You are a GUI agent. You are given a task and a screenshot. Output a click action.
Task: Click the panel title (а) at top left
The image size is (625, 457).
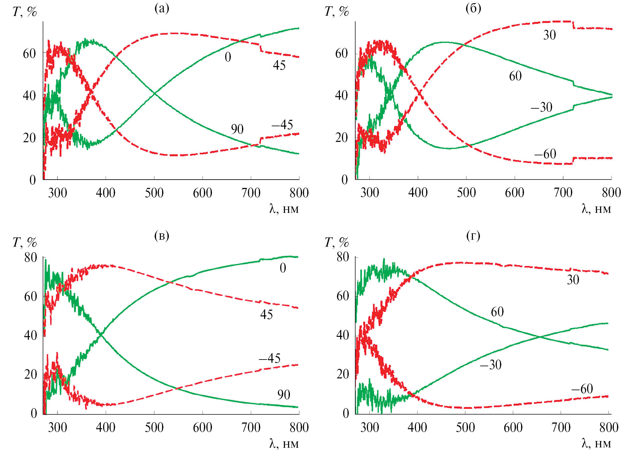click(x=161, y=9)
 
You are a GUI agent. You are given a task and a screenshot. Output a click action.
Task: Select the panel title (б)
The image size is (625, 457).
click(x=473, y=9)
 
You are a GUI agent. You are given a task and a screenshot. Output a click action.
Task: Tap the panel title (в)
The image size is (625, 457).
click(x=161, y=236)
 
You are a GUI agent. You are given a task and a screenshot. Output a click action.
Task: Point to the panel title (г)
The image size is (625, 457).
click(x=473, y=236)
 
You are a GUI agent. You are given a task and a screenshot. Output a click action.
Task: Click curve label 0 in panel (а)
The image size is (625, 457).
click(x=228, y=57)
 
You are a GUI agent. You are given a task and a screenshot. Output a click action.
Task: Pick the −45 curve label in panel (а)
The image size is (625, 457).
click(x=282, y=125)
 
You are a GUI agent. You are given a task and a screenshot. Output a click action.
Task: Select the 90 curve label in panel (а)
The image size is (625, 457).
click(x=237, y=129)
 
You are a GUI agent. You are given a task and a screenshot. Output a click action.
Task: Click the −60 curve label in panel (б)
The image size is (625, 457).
click(x=545, y=154)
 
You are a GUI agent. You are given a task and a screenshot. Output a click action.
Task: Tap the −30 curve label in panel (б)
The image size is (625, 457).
click(x=542, y=107)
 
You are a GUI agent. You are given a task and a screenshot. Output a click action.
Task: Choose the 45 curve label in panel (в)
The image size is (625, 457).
click(x=266, y=315)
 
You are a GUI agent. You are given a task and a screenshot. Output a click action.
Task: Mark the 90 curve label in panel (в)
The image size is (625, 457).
click(x=284, y=395)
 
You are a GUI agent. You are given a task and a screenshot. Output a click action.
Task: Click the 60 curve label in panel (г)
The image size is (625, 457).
click(x=497, y=312)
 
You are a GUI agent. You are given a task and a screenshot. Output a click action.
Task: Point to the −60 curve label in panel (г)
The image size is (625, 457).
click(x=582, y=389)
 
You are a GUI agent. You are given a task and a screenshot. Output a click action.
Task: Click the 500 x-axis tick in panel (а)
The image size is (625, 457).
click(x=154, y=193)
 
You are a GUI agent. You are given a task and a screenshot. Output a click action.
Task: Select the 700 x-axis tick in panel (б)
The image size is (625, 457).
click(x=563, y=193)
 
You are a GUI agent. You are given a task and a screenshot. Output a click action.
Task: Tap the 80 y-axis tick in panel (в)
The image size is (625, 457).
click(x=31, y=258)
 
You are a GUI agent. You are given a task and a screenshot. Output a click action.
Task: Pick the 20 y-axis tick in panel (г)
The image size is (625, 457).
click(x=343, y=374)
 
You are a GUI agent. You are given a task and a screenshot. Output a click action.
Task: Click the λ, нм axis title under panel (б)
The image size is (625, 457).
click(x=596, y=209)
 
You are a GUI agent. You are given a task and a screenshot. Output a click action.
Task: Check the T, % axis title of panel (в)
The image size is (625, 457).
click(x=25, y=243)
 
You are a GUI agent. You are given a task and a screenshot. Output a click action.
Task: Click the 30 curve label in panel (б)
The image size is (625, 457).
click(x=550, y=35)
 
